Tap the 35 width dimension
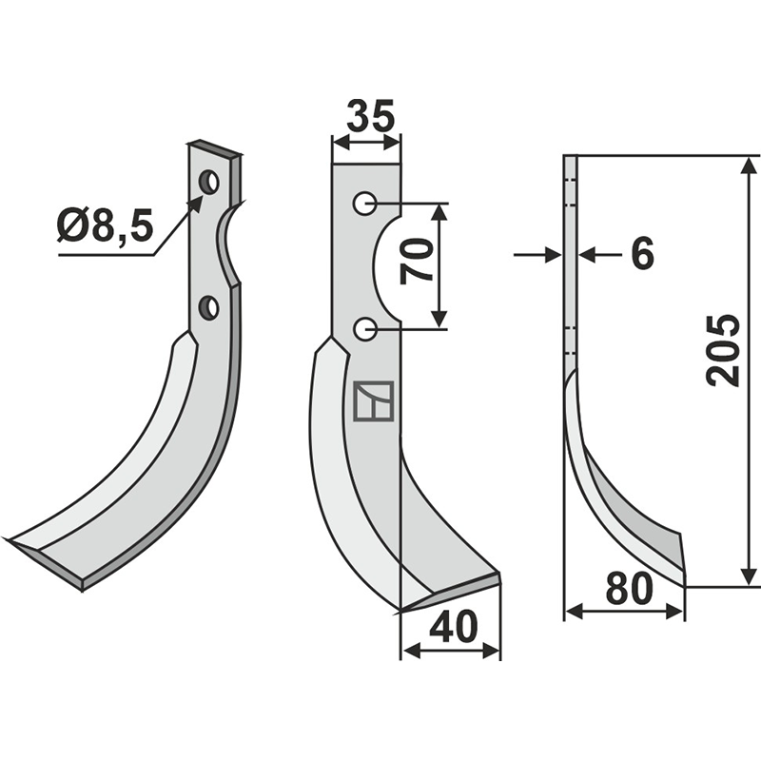click(x=371, y=116)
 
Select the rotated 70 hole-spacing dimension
click(x=417, y=261)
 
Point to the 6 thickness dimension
click(x=642, y=253)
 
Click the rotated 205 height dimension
click(x=723, y=350)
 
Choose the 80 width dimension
click(x=629, y=588)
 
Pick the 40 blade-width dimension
click(x=454, y=626)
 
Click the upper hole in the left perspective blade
click(x=209, y=182)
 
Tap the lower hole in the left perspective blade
click(x=209, y=307)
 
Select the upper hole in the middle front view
click(x=364, y=203)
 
